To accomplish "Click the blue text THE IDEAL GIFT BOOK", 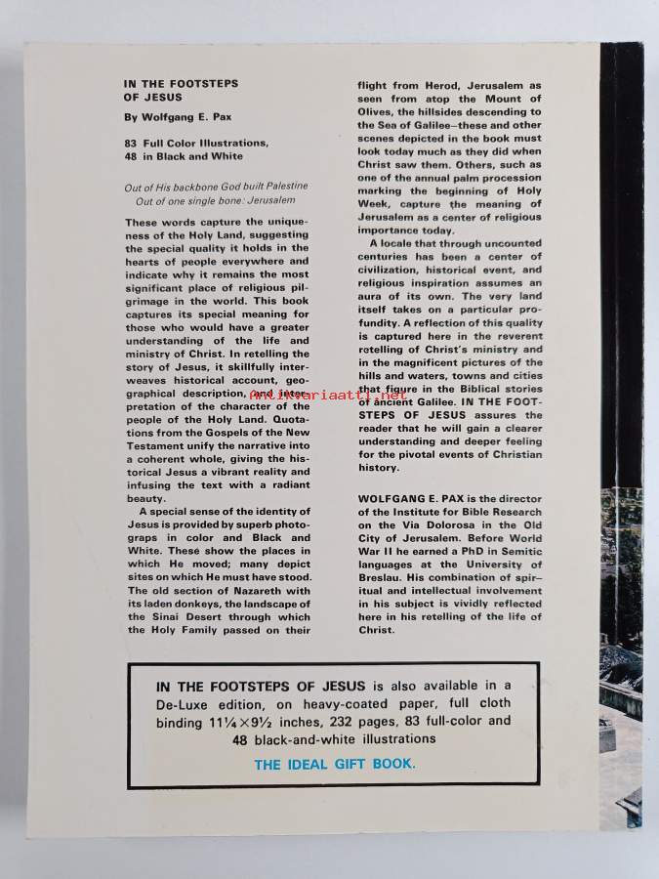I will [x=334, y=764].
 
